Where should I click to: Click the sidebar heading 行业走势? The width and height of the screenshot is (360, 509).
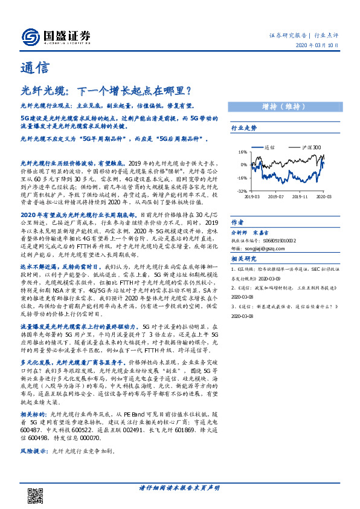244,128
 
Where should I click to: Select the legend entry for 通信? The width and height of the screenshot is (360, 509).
266,147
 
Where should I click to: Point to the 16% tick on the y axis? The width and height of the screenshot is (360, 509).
242,152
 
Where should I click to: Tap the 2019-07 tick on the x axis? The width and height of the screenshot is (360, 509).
275,196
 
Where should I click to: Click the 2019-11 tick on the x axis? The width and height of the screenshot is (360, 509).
301,196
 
